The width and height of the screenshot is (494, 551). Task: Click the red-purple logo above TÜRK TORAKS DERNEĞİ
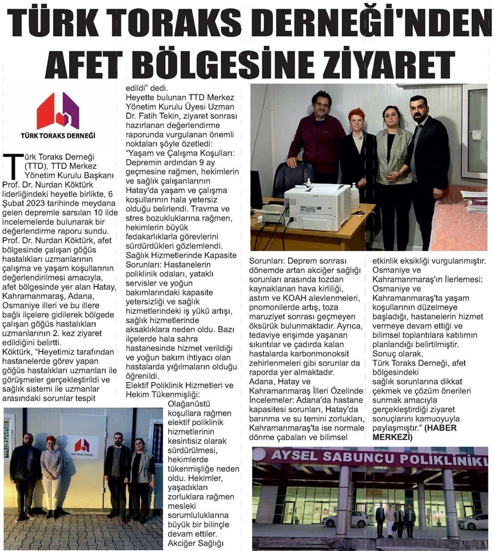point(58,111)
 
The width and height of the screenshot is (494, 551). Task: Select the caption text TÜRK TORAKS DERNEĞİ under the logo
point(58,135)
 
